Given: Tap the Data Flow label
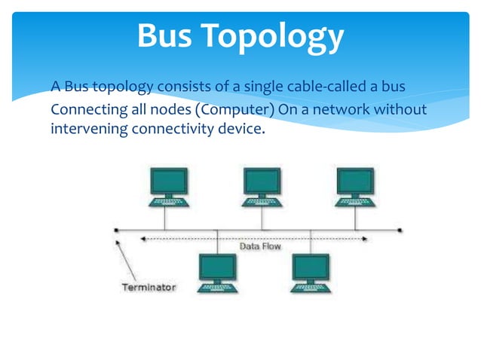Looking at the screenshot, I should click(x=261, y=246).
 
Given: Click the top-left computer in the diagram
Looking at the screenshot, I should click(x=170, y=187).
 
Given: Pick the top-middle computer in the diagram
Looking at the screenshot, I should click(x=262, y=187).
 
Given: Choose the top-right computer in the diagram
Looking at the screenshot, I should click(x=355, y=187).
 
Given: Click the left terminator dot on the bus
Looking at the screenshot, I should click(x=115, y=230).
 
